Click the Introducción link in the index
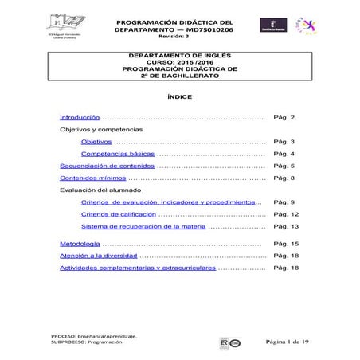pyautogui.click(x=80, y=115)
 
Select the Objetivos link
pyautogui.click(x=96, y=141)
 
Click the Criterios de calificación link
pyautogui.click(x=118, y=215)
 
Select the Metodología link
pyautogui.click(x=80, y=242)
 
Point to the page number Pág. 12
pyautogui.click(x=285, y=215)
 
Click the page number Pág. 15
pyautogui.click(x=285, y=242)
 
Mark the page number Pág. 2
pyautogui.click(x=284, y=115)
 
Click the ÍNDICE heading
pyautogui.click(x=179, y=96)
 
